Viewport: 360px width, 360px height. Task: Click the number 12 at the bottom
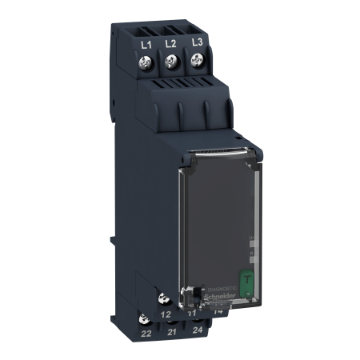click(x=166, y=316)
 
